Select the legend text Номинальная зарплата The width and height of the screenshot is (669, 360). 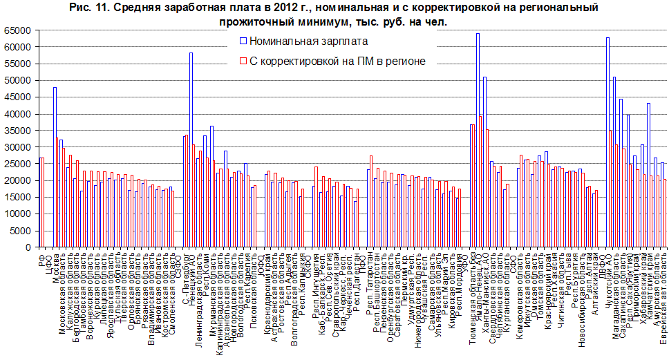[290, 43]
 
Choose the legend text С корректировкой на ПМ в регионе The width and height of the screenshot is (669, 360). [337, 61]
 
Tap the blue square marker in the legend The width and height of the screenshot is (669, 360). [243, 43]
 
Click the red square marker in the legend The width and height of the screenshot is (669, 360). [243, 61]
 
